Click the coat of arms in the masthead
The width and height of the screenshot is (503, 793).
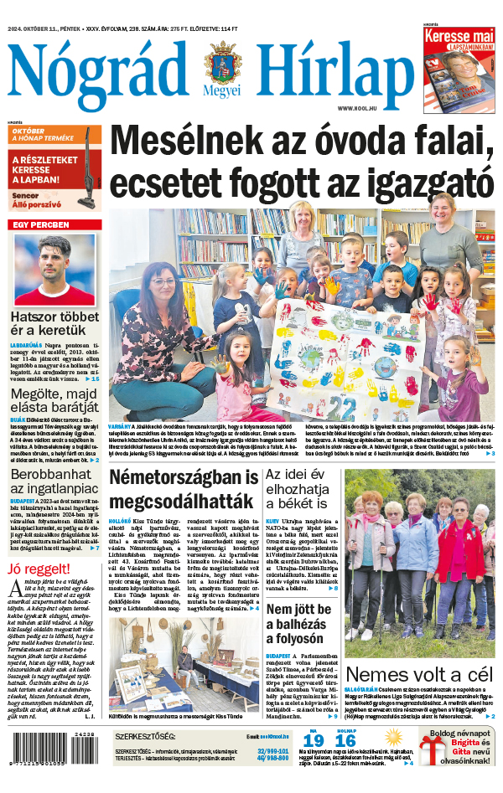[x=221, y=65]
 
